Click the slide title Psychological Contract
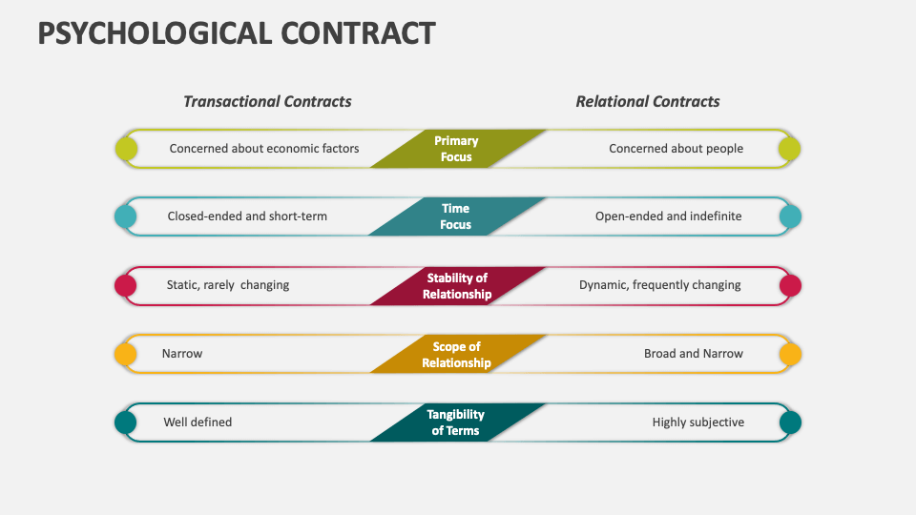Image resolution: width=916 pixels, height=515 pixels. click(237, 32)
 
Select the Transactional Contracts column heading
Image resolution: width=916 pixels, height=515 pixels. click(267, 101)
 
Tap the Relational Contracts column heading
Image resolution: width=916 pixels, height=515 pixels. click(648, 101)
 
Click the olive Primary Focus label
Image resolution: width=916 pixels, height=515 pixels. click(456, 149)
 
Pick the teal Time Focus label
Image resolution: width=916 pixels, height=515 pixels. click(456, 216)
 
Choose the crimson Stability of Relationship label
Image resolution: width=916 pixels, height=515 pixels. click(457, 286)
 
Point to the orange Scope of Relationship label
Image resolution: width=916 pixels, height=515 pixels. click(456, 355)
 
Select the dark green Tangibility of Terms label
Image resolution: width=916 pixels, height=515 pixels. click(456, 422)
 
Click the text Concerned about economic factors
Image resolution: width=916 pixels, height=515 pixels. click(264, 149)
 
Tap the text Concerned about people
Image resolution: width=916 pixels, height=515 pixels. click(676, 149)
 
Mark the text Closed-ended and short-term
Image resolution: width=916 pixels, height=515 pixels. click(247, 216)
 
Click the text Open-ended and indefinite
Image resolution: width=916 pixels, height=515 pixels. click(668, 216)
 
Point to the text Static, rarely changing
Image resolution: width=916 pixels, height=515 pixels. click(228, 285)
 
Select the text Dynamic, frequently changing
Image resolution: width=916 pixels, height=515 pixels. click(659, 285)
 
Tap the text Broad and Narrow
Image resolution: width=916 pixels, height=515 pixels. click(693, 354)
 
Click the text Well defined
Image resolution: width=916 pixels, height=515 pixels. click(198, 422)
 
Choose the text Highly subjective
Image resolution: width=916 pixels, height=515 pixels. click(697, 422)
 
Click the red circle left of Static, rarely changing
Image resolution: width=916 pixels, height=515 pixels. click(125, 285)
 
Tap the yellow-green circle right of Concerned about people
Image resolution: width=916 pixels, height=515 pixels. click(789, 149)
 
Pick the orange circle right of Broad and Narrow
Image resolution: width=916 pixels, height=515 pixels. click(790, 354)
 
